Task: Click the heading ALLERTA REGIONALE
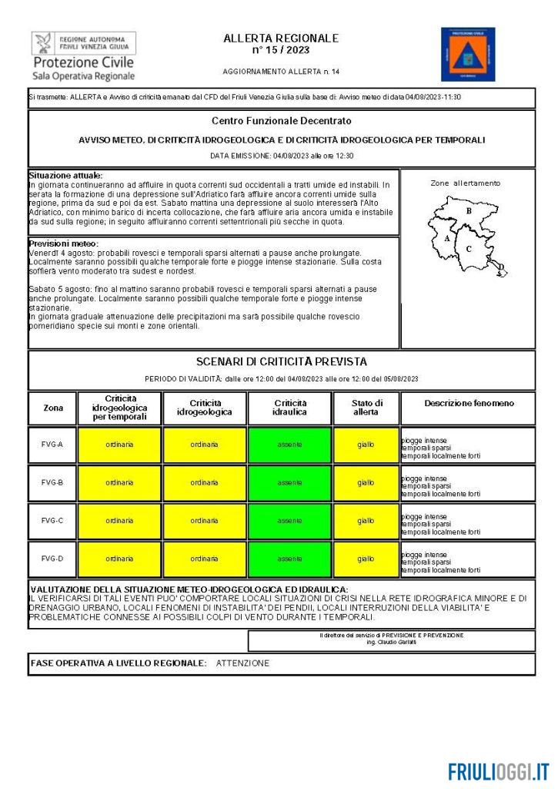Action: pyautogui.click(x=281, y=38)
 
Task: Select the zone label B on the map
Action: pyautogui.click(x=469, y=210)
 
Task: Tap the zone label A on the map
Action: pyautogui.click(x=447, y=238)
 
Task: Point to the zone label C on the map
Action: pyautogui.click(x=469, y=249)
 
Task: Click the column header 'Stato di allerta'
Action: pyautogui.click(x=366, y=408)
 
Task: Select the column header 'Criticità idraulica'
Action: pyautogui.click(x=289, y=408)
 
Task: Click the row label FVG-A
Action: pyautogui.click(x=52, y=445)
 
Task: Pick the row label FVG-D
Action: pyautogui.click(x=52, y=559)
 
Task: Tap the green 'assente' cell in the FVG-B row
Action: pyautogui.click(x=289, y=483)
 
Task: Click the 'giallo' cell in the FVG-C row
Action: pyautogui.click(x=366, y=521)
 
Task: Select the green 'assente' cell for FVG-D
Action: pyautogui.click(x=289, y=559)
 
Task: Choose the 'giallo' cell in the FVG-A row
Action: pyautogui.click(x=366, y=445)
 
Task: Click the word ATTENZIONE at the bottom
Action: pyautogui.click(x=242, y=663)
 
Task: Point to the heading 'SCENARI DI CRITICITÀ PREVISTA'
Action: pyautogui.click(x=281, y=361)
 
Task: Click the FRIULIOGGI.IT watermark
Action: pyautogui.click(x=499, y=771)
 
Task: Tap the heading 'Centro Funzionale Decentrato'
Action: pyautogui.click(x=281, y=121)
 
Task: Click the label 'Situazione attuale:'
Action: pyautogui.click(x=65, y=176)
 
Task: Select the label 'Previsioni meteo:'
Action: pyautogui.click(x=64, y=243)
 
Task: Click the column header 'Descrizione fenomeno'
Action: pyautogui.click(x=469, y=403)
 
